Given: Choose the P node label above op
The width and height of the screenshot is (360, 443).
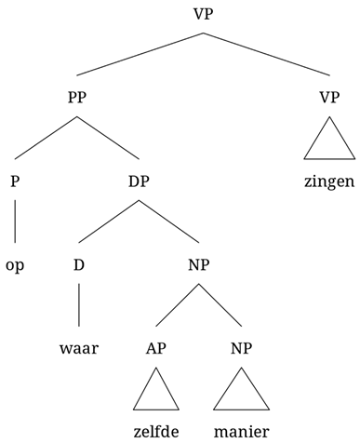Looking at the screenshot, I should click(15, 181).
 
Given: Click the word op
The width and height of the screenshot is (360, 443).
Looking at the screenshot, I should click(15, 265).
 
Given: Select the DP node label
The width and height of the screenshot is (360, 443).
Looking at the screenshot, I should click(140, 181).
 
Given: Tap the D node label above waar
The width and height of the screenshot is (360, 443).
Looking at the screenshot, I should click(78, 265).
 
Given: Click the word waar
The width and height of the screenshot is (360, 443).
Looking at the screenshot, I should click(78, 351).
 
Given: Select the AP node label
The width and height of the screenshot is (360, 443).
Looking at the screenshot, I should click(155, 351).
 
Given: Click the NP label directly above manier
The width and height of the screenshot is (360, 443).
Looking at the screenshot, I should click(241, 351).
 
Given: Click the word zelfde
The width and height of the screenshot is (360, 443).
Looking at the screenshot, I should click(155, 432).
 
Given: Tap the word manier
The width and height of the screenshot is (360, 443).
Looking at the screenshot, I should click(241, 432).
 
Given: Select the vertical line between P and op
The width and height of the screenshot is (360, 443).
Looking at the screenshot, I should click(15, 222).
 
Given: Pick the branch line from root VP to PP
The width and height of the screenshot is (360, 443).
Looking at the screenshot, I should click(140, 55).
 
